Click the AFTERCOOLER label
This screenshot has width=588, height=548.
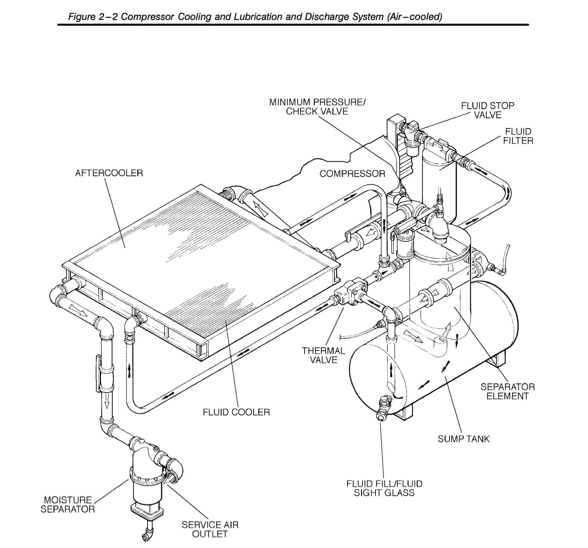coord(109,173)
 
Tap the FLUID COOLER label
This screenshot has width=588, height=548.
coord(236,412)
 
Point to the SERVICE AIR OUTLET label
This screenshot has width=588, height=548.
coord(210,530)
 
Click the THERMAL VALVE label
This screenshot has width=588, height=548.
coord(323,355)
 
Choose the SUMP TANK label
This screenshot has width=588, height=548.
coord(463,438)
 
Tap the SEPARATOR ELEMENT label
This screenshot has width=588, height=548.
coord(507,391)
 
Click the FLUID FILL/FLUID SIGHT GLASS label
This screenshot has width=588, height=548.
coord(384,488)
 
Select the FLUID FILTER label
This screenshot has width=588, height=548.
coord(518,136)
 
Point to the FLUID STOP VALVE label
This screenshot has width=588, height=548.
coord(487,110)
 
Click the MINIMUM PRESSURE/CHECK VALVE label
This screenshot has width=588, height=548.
coord(317,106)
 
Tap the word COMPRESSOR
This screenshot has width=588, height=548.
coord(352,173)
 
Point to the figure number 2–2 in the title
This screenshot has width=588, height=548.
coord(106,17)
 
